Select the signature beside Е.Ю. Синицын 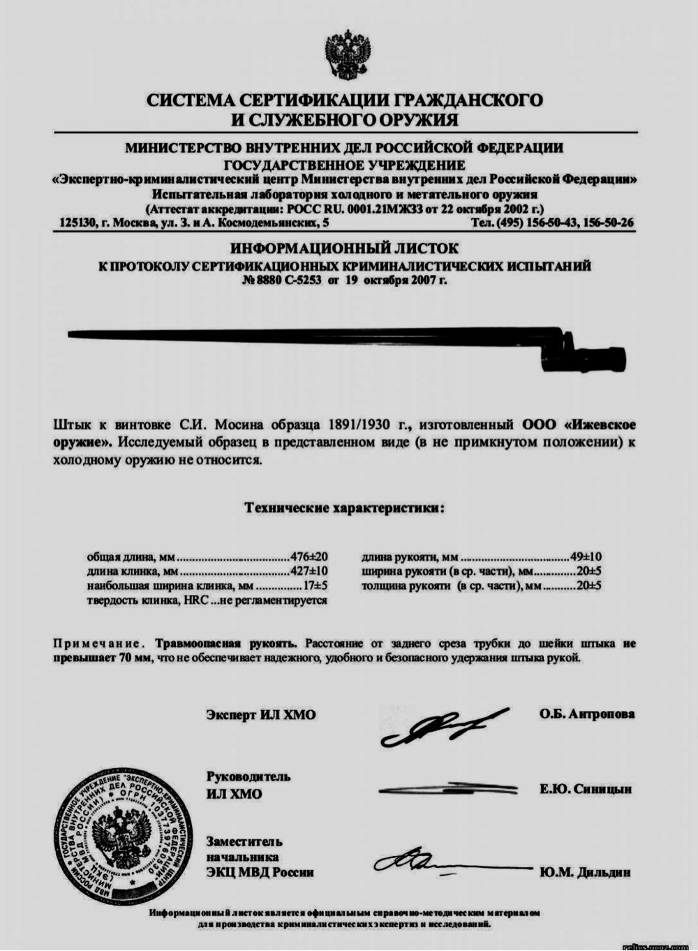[447, 789]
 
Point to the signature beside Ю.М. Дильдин [447, 865]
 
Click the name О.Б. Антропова [586, 714]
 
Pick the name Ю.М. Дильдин [585, 872]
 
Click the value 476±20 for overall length [309, 557]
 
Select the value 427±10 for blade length [309, 571]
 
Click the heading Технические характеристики [344, 508]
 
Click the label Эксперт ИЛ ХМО [260, 715]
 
